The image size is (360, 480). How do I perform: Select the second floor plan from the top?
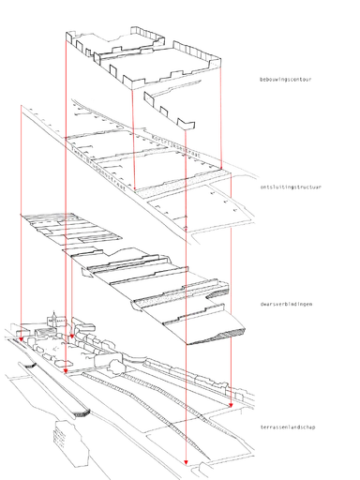(x=150, y=159)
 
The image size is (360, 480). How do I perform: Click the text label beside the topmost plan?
(x=284, y=82)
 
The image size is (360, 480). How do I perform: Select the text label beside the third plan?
(x=284, y=306)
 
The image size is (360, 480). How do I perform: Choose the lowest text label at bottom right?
(x=287, y=428)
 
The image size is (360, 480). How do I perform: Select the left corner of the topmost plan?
(x=64, y=36)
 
